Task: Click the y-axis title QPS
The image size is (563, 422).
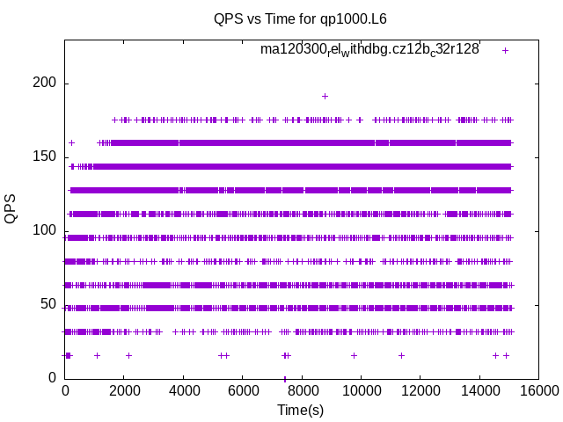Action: coord(11,208)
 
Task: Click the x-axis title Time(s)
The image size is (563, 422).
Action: coord(301,410)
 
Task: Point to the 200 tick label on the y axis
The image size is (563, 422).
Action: coord(46,84)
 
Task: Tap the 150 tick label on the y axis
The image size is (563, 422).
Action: coord(46,157)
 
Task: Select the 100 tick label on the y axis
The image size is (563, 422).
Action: coord(46,231)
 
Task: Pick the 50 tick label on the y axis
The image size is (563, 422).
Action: coord(49,304)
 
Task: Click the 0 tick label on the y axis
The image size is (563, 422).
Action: coord(53,378)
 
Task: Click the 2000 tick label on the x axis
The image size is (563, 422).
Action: coord(124,392)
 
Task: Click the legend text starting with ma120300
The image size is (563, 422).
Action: coord(369,49)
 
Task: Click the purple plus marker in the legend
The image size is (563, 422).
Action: coord(505,50)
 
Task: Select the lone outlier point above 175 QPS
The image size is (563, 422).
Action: coord(325,97)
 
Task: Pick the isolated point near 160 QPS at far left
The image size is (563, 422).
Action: coord(71,142)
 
